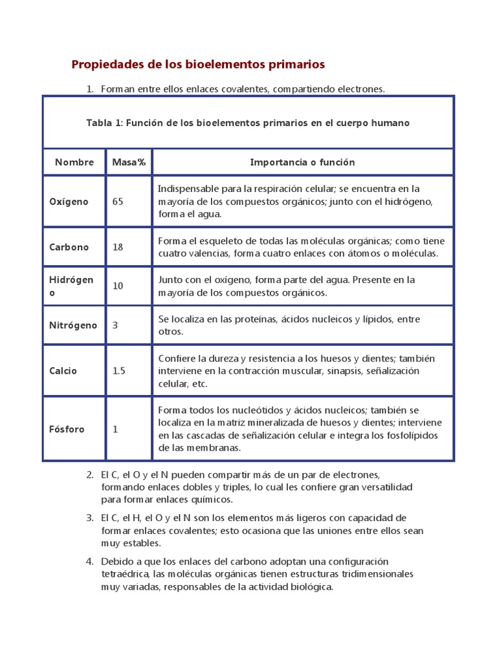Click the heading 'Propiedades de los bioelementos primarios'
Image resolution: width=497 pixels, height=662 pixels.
[197, 65]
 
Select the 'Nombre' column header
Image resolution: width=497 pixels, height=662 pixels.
[74, 162]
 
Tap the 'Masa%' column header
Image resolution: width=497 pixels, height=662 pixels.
[129, 162]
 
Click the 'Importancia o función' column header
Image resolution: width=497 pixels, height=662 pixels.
[302, 162]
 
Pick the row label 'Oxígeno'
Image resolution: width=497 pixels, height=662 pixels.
[69, 202]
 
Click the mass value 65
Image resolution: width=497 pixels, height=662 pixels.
[118, 202]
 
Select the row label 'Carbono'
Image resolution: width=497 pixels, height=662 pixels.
[69, 247]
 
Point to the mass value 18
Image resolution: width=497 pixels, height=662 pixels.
[118, 247]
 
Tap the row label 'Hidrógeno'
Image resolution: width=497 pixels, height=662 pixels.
[71, 286]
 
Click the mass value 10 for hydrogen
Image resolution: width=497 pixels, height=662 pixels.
[118, 286]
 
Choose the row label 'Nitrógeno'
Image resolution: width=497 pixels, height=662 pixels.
[73, 325]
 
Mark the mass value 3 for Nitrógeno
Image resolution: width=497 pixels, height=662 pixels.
[115, 325]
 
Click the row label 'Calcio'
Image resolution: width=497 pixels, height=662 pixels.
[63, 371]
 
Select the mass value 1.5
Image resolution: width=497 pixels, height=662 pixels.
[119, 371]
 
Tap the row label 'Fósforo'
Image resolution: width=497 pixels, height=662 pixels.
[67, 429]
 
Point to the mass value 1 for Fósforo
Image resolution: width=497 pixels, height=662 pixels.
[115, 429]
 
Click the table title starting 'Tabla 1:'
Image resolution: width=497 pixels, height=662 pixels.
[248, 123]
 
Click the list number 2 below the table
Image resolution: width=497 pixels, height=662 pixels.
[89, 475]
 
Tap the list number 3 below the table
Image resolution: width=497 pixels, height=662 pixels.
[89, 518]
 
